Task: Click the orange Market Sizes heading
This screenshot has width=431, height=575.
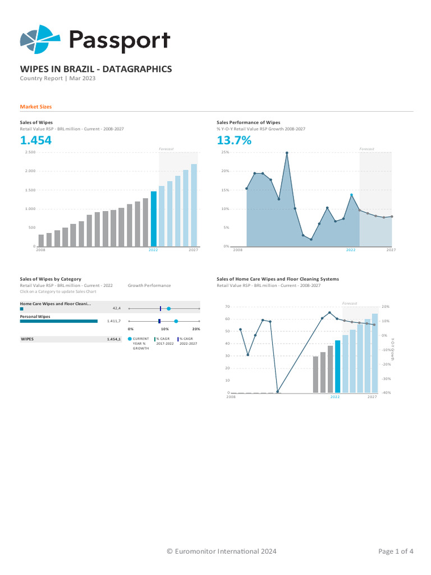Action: click(x=36, y=107)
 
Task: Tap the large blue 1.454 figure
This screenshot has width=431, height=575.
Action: click(x=35, y=140)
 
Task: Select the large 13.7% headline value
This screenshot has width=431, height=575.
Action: click(x=234, y=140)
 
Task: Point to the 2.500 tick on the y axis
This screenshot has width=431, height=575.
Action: click(x=30, y=152)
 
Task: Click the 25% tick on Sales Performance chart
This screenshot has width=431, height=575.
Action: click(x=225, y=152)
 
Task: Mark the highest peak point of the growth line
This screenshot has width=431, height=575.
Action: click(x=287, y=153)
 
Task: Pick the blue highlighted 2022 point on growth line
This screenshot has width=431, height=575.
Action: click(x=351, y=195)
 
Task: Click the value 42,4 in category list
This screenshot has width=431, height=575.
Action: click(x=117, y=308)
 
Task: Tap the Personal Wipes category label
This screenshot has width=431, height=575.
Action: click(x=35, y=317)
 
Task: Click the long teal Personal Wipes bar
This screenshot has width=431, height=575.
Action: click(x=59, y=321)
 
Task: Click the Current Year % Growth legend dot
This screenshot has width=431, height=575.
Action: click(x=130, y=339)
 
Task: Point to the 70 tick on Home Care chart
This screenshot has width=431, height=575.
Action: click(x=227, y=307)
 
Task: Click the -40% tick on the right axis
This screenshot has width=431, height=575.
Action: click(x=386, y=393)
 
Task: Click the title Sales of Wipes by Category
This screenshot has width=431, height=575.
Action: click(x=51, y=279)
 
